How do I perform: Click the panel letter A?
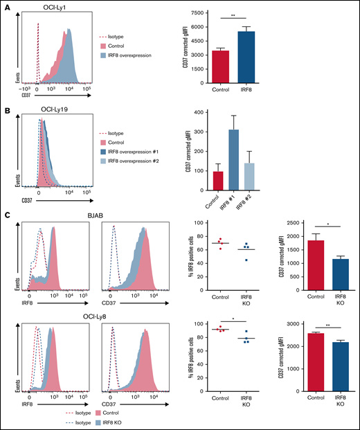6,6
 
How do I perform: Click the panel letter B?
6,102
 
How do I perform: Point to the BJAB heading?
109,216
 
